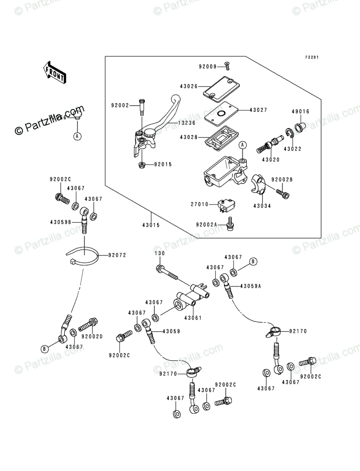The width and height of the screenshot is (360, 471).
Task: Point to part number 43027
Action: [x=258, y=109]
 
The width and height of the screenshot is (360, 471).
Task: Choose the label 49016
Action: [x=301, y=112]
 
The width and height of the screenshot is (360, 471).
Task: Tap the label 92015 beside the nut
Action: [x=163, y=164]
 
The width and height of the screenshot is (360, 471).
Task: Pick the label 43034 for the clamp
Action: [x=263, y=206]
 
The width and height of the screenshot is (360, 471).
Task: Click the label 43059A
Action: [x=251, y=286]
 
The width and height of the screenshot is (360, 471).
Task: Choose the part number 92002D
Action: [x=92, y=336]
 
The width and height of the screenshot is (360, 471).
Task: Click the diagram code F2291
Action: [x=312, y=57]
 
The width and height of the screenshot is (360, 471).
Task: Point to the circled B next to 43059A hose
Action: [x=253, y=262]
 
